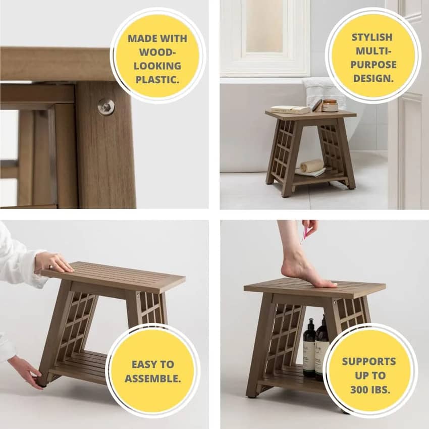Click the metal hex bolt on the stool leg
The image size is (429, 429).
(x=106, y=106)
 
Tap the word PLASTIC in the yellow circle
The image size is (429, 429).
(x=157, y=80)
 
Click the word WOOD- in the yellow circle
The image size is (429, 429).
(x=156, y=52)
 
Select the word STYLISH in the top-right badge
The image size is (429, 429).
(x=372, y=37)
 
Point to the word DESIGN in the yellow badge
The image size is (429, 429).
(x=373, y=79)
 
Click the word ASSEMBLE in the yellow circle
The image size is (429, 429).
(x=152, y=379)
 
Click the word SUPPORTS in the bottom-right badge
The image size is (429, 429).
(x=369, y=361)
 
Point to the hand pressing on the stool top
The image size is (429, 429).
(x=53, y=262)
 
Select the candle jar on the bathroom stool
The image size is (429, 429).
(x=330, y=105)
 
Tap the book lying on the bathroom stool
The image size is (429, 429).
(x=290, y=110)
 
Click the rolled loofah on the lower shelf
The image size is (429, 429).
(x=311, y=165)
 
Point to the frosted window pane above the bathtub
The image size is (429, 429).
(x=264, y=26)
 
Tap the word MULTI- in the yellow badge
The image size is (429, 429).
(x=373, y=51)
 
